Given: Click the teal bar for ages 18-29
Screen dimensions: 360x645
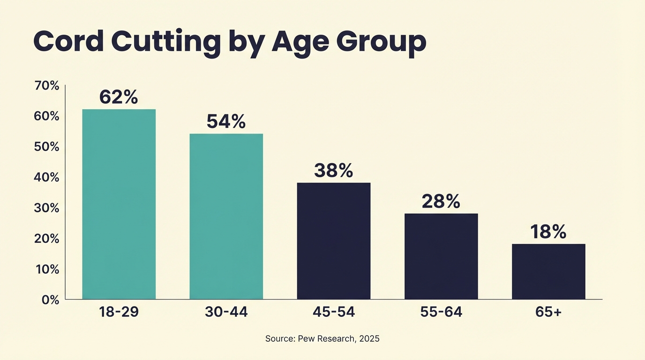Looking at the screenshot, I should point(119,204).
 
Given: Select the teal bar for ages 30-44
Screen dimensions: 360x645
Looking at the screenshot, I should point(226,216).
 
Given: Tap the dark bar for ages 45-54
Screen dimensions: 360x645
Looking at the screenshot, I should point(333,240).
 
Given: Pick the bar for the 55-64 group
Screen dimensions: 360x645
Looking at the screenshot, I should point(441,256).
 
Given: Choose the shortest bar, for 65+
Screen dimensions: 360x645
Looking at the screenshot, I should point(548,271).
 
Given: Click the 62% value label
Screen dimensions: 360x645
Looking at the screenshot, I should point(119,97).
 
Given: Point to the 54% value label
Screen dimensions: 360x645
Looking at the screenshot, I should point(226,121).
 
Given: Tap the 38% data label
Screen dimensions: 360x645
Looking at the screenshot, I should point(333,171).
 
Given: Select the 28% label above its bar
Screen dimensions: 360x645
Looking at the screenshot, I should point(441,201).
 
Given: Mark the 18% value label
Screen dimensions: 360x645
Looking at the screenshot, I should point(548,232).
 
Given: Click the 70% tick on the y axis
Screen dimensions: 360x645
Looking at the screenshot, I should point(47,86).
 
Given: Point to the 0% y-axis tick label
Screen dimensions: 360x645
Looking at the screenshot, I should point(50,300).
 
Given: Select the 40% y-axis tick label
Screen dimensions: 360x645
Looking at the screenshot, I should point(47,178).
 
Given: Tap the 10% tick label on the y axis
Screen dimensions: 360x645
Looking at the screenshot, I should point(47,270).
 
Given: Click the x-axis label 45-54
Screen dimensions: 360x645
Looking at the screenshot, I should point(333,312).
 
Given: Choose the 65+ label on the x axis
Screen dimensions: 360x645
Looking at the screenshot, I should point(548,312).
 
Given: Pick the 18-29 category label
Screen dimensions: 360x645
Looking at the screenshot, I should point(119,312).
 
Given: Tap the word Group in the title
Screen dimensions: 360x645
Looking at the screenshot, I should point(382,42).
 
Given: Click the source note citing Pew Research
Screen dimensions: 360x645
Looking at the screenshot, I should point(322,338).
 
